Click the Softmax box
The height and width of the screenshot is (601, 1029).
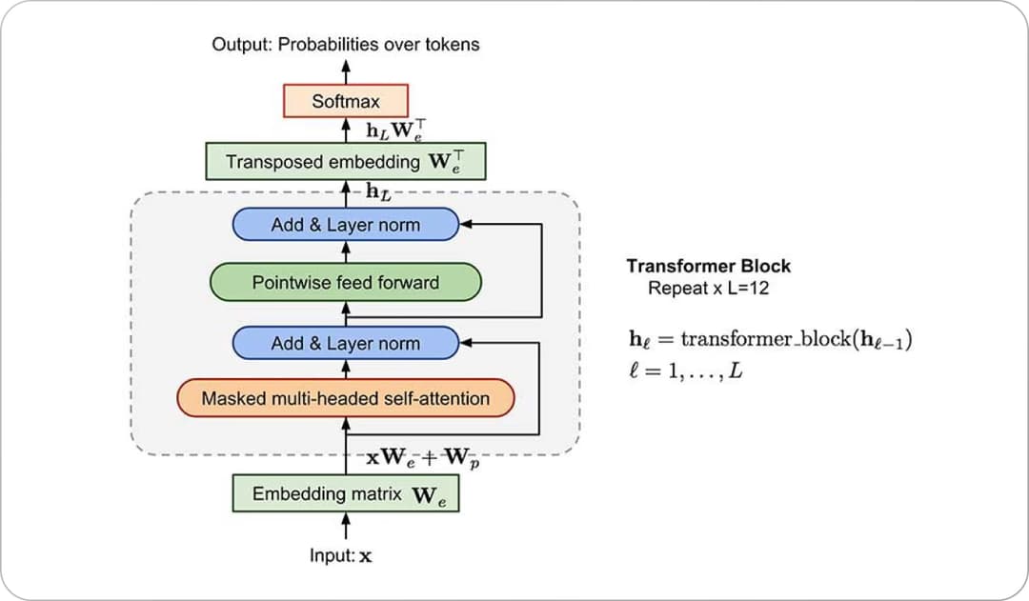(346, 100)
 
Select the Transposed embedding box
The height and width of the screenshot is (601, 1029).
(346, 161)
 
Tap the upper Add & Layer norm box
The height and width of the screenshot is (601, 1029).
(345, 225)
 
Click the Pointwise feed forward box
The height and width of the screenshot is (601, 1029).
(345, 282)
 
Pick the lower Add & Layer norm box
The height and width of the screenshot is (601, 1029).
(345, 343)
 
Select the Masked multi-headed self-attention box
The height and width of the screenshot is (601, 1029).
(345, 397)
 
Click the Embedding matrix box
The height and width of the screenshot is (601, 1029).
(346, 494)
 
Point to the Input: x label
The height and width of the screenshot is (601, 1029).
(340, 555)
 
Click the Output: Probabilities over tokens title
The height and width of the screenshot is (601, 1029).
(346, 44)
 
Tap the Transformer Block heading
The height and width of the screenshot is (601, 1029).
(708, 267)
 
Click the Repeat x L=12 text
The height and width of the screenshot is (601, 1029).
(708, 288)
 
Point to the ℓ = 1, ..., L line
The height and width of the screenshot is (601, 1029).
(680, 371)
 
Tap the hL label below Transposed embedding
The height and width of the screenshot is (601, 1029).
(378, 191)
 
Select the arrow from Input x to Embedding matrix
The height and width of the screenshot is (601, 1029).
(346, 527)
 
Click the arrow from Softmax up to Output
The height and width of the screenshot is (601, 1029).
(346, 71)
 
